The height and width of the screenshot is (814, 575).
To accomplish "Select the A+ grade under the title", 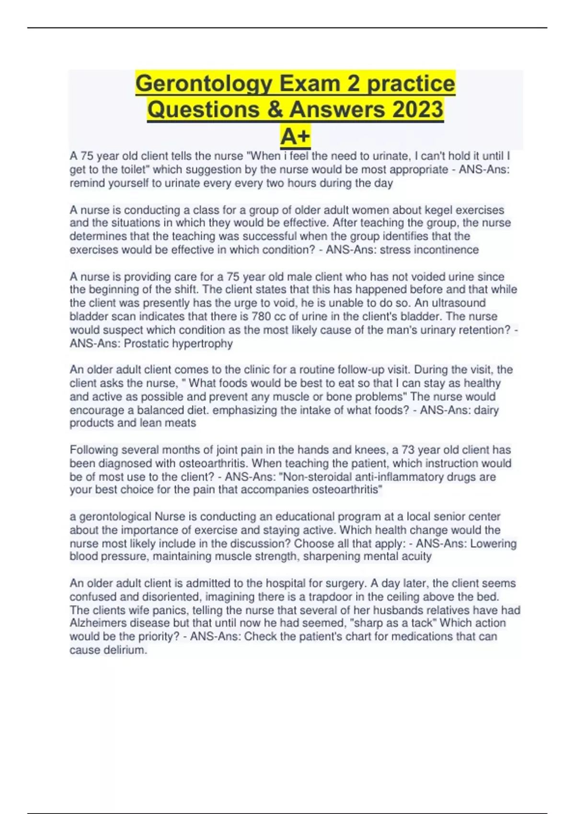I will pyautogui.click(x=295, y=136).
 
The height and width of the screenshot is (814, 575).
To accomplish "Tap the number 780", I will pyautogui.click(x=262, y=317).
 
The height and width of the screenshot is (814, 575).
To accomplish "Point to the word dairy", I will pyautogui.click(x=486, y=410).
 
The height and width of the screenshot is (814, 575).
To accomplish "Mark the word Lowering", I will pyautogui.click(x=493, y=544).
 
